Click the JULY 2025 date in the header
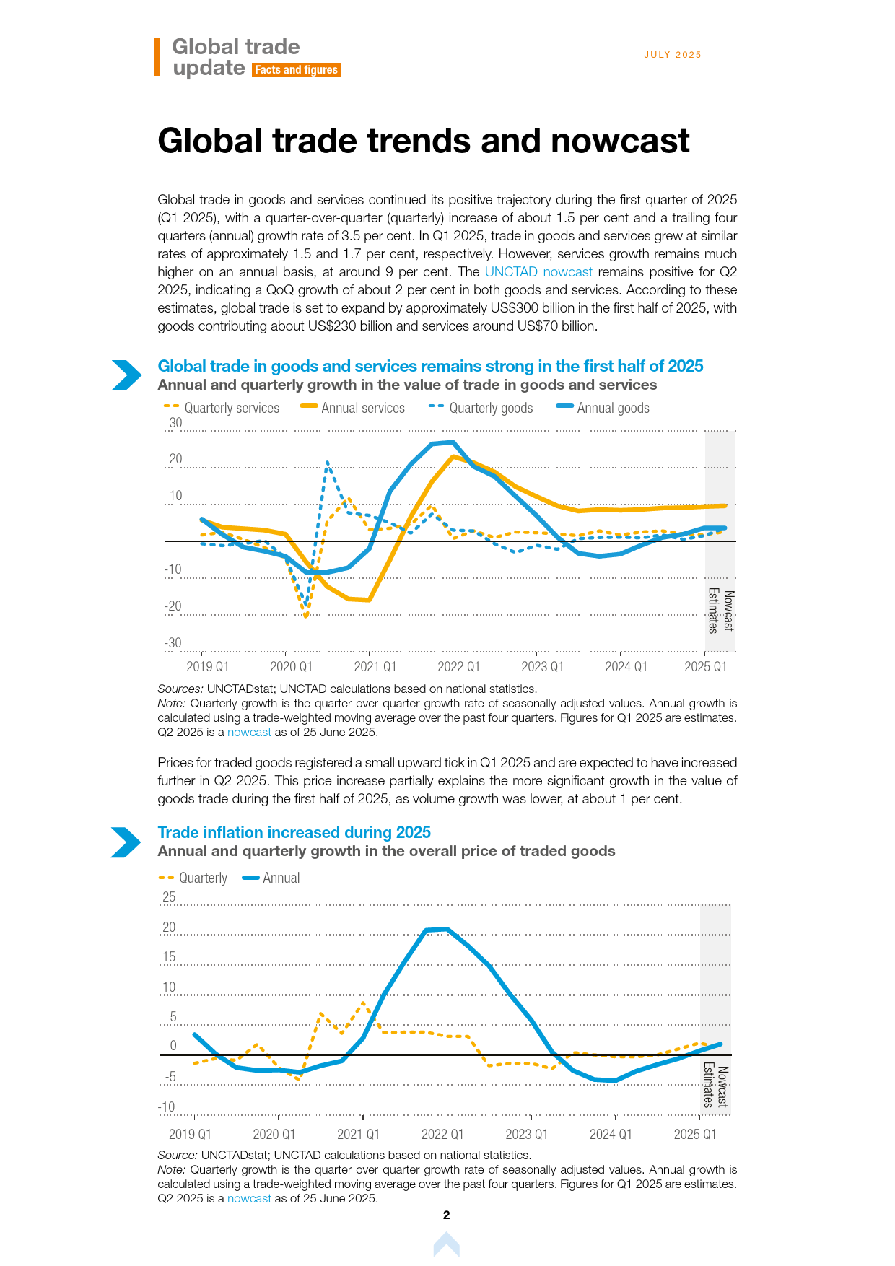coord(673,55)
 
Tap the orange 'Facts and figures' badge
coord(296,70)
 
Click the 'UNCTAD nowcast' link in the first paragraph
coord(538,272)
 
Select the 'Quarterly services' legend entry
coord(222,408)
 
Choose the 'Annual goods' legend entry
coord(603,408)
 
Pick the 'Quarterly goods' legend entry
coord(481,408)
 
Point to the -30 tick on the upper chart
coord(173,643)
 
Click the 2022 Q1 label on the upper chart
coord(459,667)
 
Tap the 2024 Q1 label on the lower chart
coord(611,1134)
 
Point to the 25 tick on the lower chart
coord(169,897)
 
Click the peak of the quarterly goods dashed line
coord(327,462)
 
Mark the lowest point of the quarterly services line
coord(306,616)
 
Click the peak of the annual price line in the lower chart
coord(447,929)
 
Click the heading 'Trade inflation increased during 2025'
coord(294,832)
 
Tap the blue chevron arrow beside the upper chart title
coord(127,375)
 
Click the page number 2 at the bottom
coord(447,1215)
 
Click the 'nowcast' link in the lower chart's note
coord(249,1199)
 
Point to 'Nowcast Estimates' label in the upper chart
coord(720,611)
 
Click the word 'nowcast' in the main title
coord(621,141)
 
